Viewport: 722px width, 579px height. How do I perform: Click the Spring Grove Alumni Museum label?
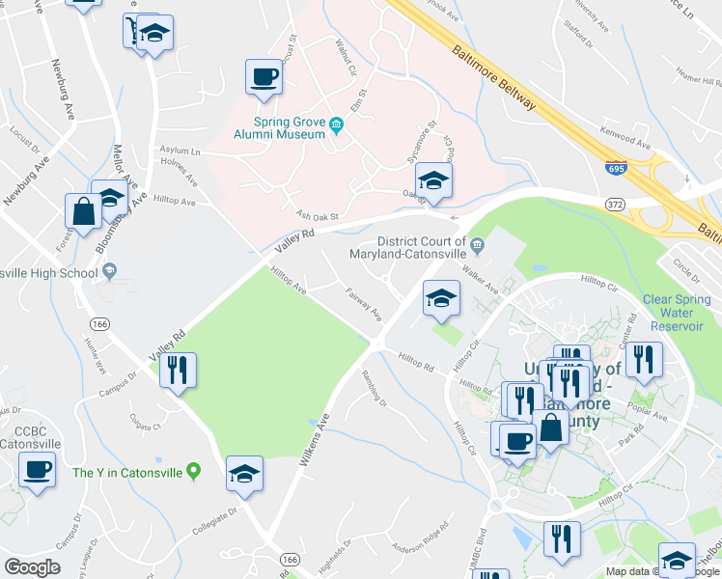point(289,128)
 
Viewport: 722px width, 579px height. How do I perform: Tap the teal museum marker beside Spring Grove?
point(336,124)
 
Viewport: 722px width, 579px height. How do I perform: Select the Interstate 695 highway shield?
point(615,168)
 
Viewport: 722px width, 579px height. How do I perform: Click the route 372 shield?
point(614,204)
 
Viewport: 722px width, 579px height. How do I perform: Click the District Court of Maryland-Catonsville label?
point(422,248)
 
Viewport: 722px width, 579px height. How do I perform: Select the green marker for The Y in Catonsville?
point(193,472)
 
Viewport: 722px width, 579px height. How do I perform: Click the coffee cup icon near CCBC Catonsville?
point(38,471)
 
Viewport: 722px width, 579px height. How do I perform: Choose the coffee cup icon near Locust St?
point(263,76)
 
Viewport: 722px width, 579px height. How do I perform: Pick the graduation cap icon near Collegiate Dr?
point(243,474)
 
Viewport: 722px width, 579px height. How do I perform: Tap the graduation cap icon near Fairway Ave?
point(441,297)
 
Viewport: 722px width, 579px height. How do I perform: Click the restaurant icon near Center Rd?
point(643,359)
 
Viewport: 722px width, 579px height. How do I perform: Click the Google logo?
point(32,567)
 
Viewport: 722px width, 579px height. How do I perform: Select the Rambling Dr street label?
point(374,390)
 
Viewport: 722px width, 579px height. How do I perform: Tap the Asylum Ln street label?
point(181,152)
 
